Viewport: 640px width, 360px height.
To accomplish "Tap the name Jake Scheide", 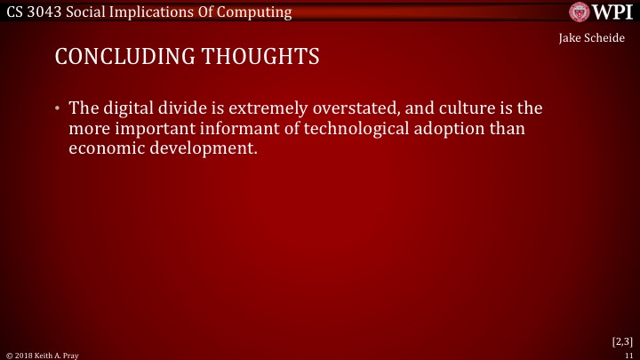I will coord(592,40).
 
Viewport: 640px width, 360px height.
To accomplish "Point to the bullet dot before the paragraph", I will coord(56,108).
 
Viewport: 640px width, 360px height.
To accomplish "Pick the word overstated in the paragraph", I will coord(343,108).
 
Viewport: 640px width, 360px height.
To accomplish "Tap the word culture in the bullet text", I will coord(460,108).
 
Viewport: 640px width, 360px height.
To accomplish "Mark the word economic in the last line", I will coord(107,148).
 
